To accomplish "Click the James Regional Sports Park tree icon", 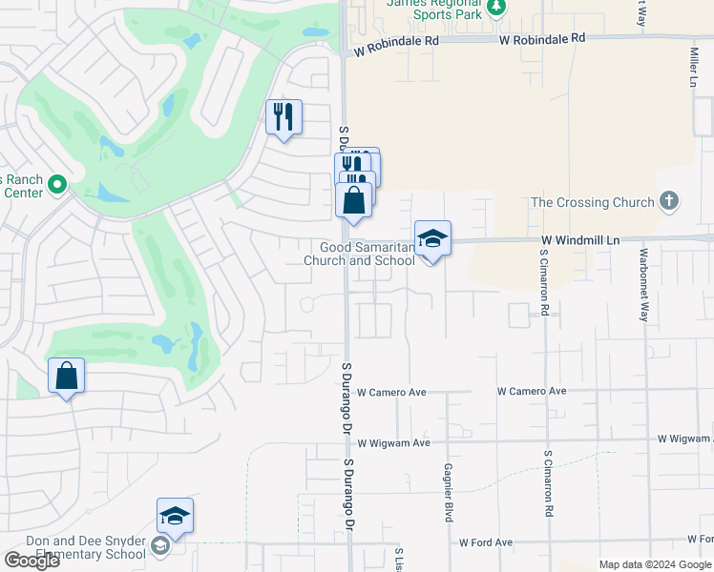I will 495,9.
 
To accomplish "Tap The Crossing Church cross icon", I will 669,201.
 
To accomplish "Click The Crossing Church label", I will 592,202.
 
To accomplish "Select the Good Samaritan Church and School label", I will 359,254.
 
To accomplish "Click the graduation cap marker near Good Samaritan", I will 432,238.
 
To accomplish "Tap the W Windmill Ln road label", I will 580,241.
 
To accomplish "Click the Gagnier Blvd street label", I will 447,493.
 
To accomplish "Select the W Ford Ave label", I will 485,542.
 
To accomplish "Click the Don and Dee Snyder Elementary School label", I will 86,546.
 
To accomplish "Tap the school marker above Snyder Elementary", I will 176,516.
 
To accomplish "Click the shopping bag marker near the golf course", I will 66,376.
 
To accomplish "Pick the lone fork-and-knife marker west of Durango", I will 283,117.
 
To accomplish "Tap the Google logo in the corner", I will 31,560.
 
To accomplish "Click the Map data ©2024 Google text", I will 654,564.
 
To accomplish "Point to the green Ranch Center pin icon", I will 56,184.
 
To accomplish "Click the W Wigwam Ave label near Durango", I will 393,443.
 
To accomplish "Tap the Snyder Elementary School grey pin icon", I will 160,546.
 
